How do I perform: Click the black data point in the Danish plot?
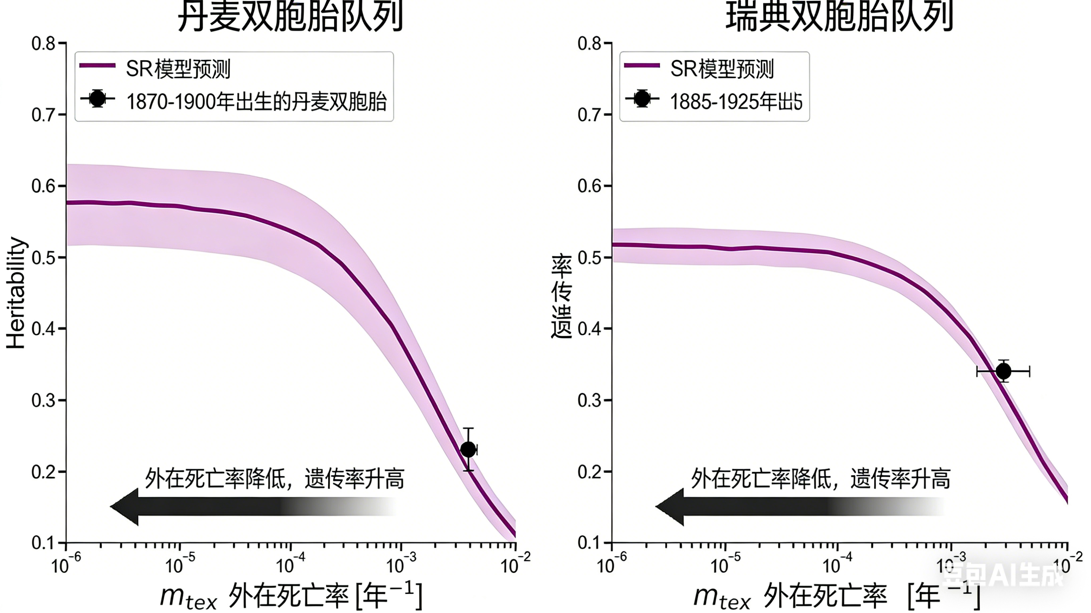[468, 449]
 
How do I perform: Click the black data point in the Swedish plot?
[1003, 371]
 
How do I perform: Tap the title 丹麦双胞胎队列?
[290, 17]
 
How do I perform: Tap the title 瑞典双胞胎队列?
[839, 17]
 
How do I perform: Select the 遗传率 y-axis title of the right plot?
[561, 296]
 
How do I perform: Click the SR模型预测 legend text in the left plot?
[178, 69]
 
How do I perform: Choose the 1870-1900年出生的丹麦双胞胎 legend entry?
[257, 101]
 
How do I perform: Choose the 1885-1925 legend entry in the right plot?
[736, 101]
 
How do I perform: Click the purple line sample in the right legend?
[642, 65]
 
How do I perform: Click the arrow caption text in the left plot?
[275, 479]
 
